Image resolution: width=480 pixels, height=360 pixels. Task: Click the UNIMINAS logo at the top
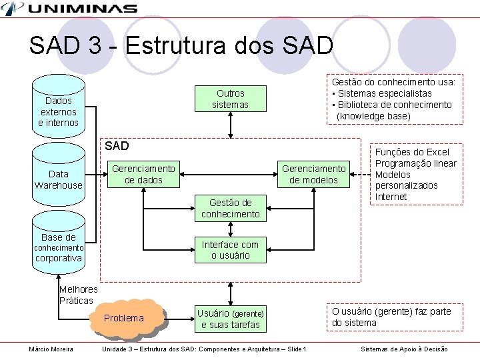click(x=70, y=9)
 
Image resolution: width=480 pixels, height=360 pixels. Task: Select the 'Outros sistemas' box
click(x=230, y=99)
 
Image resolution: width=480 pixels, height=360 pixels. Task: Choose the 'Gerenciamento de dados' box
click(x=143, y=174)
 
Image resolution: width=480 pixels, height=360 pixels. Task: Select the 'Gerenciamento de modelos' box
click(x=313, y=174)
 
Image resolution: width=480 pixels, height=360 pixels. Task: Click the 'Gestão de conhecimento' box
click(x=230, y=208)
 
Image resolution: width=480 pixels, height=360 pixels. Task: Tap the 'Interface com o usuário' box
click(x=230, y=249)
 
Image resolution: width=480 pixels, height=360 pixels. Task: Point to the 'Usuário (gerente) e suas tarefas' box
click(x=230, y=319)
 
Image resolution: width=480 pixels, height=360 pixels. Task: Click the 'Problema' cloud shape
click(x=125, y=318)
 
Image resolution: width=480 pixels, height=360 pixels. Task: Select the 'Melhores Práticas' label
click(x=78, y=295)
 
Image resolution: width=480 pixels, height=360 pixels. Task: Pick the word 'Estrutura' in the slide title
click(x=175, y=45)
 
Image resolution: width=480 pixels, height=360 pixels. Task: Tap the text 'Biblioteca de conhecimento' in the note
click(x=395, y=105)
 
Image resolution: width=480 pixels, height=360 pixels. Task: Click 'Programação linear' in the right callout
click(x=415, y=163)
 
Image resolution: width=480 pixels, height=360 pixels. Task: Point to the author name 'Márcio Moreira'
click(x=51, y=349)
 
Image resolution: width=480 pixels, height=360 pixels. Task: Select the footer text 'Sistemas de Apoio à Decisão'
click(x=404, y=349)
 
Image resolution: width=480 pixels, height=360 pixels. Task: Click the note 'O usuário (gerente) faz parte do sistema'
click(x=391, y=317)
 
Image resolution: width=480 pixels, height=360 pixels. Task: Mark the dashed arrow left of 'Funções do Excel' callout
click(x=361, y=175)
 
